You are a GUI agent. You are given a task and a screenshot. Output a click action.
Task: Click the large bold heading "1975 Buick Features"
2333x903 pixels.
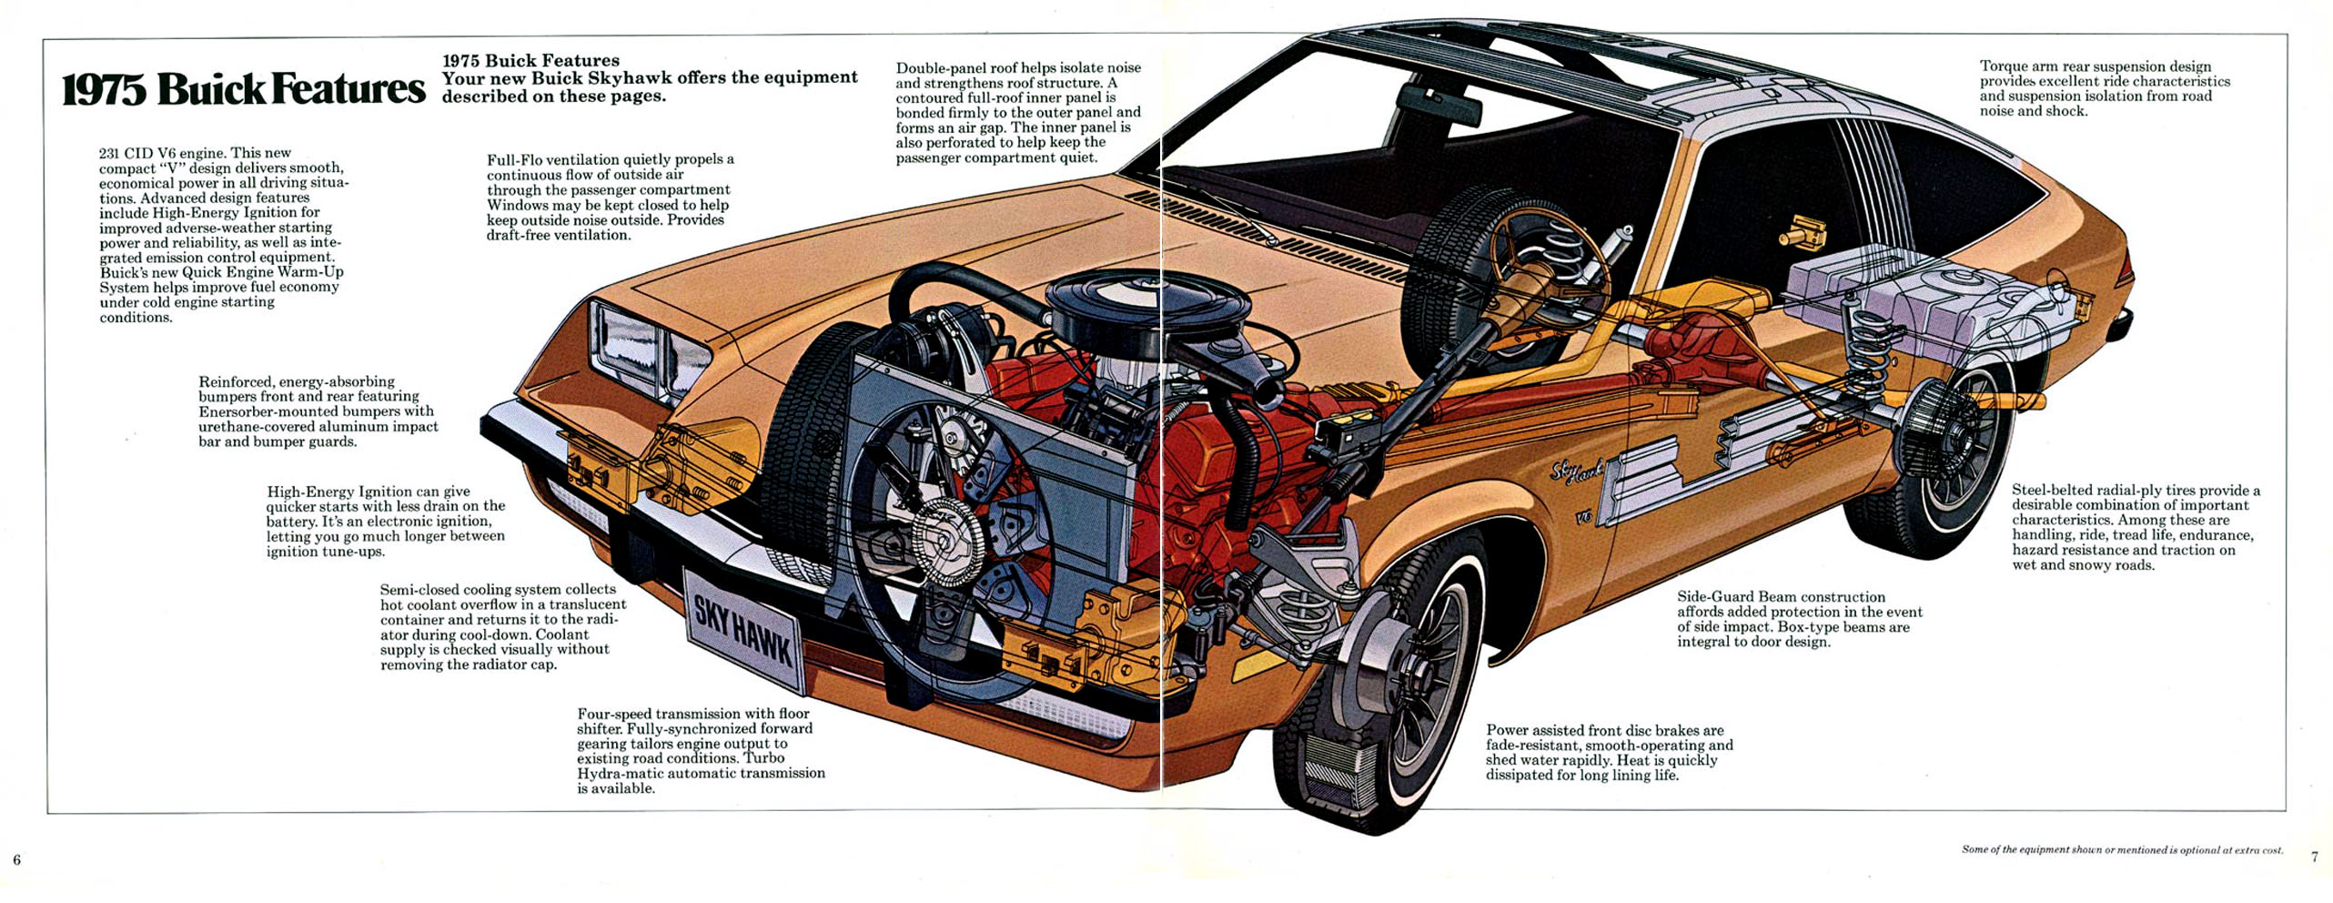pyautogui.click(x=243, y=89)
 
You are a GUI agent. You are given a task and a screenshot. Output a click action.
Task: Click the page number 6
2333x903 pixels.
pyautogui.click(x=16, y=859)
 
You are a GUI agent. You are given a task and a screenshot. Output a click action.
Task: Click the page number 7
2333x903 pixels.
pyautogui.click(x=2315, y=857)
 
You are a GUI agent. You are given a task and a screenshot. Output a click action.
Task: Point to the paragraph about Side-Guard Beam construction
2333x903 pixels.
pyautogui.click(x=1799, y=619)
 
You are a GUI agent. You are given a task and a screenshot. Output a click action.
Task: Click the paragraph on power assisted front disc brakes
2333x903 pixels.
pyautogui.click(x=1609, y=752)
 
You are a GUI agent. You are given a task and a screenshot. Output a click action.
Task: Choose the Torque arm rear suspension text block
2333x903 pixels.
pyautogui.click(x=2104, y=88)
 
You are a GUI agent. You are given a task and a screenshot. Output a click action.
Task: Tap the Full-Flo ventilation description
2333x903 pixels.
pyautogui.click(x=610, y=197)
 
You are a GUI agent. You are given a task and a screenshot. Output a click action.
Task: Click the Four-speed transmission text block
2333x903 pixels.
pyautogui.click(x=701, y=750)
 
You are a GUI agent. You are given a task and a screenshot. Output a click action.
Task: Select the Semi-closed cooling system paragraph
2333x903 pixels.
pyautogui.click(x=502, y=626)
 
